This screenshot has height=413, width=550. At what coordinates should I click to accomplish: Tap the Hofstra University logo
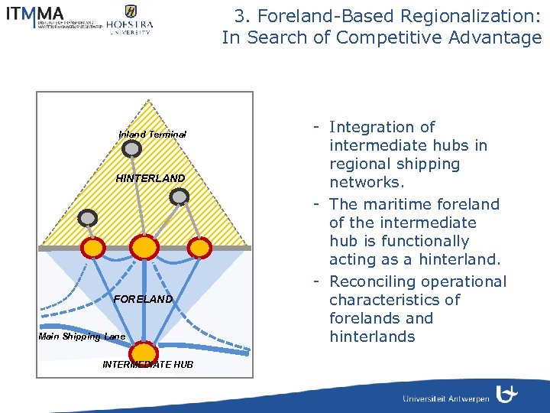tap(129, 20)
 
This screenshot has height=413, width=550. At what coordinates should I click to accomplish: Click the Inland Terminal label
tap(152, 135)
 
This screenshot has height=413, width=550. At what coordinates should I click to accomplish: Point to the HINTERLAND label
tap(150, 178)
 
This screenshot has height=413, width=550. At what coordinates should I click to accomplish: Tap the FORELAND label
tap(143, 299)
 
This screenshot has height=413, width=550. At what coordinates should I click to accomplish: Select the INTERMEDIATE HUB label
tap(147, 365)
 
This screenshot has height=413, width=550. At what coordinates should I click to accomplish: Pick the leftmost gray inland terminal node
tap(88, 218)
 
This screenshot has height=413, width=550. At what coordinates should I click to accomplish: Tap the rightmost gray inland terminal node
tap(179, 197)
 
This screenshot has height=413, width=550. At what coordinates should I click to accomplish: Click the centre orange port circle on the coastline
tap(144, 247)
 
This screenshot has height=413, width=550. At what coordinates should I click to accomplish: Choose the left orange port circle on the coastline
tap(93, 247)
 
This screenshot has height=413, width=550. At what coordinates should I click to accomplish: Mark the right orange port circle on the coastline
tap(199, 247)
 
